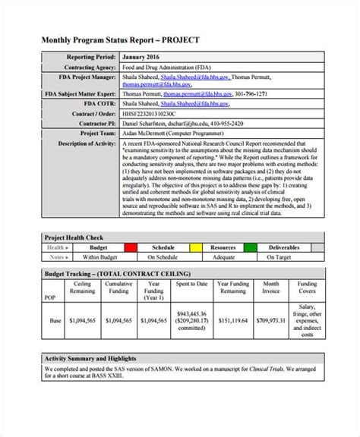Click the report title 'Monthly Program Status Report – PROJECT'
131,39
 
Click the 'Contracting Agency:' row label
87,66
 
